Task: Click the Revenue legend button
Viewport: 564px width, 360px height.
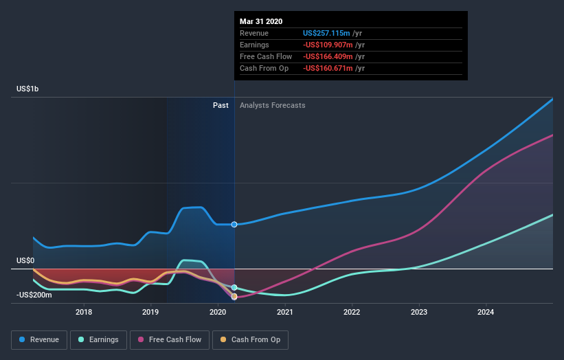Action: click(40, 339)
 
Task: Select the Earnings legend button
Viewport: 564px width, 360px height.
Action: click(98, 339)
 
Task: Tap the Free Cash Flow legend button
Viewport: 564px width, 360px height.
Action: click(170, 339)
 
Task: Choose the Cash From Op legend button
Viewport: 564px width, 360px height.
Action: click(250, 339)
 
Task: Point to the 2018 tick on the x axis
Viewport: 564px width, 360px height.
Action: click(84, 313)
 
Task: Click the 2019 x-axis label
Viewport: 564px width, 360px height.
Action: click(150, 313)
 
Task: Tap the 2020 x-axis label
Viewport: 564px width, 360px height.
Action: click(218, 313)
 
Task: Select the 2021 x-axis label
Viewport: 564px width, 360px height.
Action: click(284, 313)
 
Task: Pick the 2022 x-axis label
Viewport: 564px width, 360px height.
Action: click(352, 313)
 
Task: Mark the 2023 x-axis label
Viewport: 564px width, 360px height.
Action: click(418, 313)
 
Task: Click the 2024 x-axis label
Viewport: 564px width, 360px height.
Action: click(486, 313)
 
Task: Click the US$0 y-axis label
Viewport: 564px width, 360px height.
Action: click(25, 261)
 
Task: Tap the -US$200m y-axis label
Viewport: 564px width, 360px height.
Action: click(34, 295)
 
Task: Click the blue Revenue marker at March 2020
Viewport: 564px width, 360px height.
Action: click(234, 225)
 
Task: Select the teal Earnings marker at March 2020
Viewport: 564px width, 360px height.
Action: click(234, 288)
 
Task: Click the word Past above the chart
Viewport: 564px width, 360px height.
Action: click(221, 105)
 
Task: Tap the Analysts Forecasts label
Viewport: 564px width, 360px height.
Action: click(273, 105)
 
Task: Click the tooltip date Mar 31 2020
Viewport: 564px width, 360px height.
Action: click(261, 21)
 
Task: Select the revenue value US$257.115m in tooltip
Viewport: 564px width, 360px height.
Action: click(327, 33)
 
